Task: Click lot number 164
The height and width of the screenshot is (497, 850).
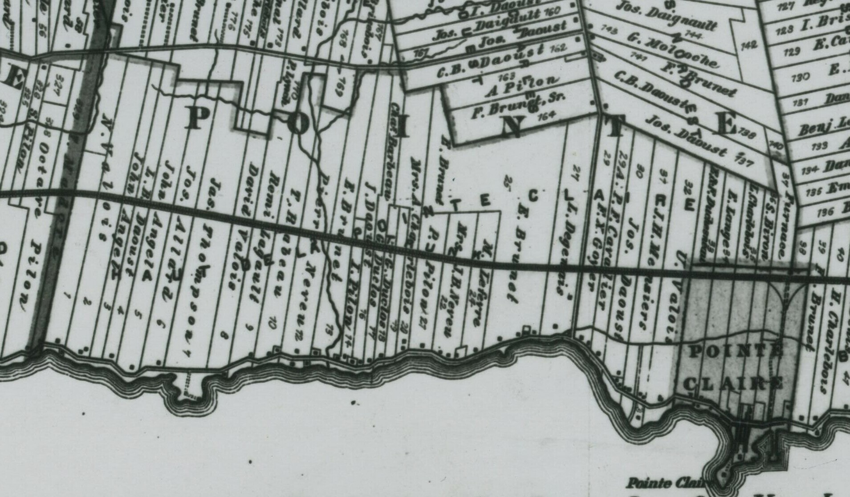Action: (x=546, y=116)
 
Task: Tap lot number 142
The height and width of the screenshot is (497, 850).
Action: (x=749, y=45)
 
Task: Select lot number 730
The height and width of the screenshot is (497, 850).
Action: (x=801, y=78)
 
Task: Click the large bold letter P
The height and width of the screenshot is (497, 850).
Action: (x=195, y=119)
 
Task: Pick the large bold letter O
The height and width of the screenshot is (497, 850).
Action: (x=298, y=124)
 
